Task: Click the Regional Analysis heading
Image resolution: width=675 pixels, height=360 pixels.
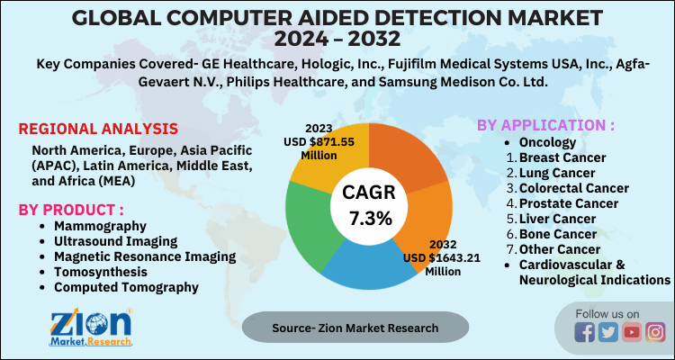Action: pyautogui.click(x=98, y=129)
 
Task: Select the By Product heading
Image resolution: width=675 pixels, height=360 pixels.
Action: pyautogui.click(x=71, y=210)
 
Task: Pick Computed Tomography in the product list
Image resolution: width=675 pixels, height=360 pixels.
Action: pyautogui.click(x=125, y=287)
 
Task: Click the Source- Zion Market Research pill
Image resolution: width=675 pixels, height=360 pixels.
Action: pyautogui.click(x=355, y=328)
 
